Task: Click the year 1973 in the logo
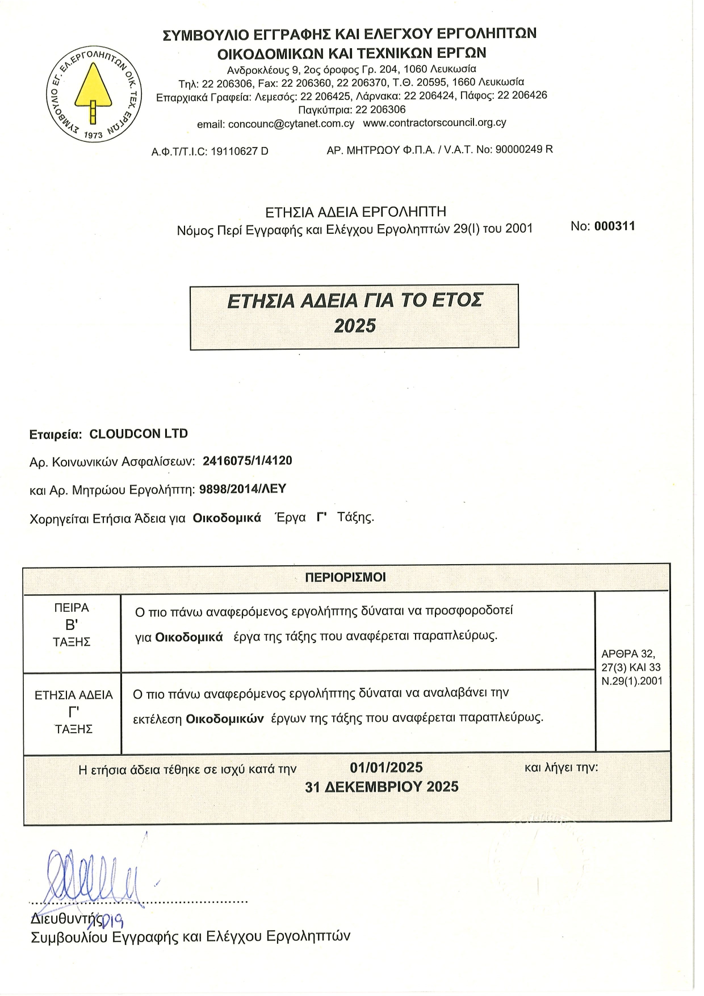[93, 135]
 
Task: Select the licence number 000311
[614, 226]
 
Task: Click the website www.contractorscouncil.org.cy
[434, 123]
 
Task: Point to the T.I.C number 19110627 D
[239, 152]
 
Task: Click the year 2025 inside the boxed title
[355, 326]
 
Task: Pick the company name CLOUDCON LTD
[139, 434]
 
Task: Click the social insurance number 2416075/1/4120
[247, 461]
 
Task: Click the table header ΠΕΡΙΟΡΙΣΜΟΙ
[345, 578]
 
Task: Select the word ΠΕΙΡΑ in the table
[72, 608]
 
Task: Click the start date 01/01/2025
[386, 767]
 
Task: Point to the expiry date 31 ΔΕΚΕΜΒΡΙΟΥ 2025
[382, 787]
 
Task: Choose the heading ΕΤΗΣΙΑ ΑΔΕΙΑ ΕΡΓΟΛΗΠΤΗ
[355, 212]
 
